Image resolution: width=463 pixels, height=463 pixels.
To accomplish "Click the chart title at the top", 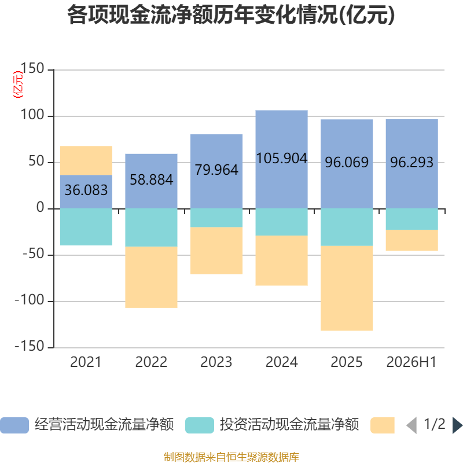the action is click(231, 15).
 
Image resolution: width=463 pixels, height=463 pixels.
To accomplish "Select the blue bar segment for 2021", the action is click(86, 192).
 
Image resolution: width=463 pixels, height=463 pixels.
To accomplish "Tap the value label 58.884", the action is click(151, 179).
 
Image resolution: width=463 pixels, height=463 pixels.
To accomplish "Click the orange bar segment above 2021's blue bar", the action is click(86, 160).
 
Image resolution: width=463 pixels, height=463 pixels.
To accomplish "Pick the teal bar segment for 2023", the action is click(216, 218).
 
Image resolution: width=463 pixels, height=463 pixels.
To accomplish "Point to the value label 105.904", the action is click(281, 158).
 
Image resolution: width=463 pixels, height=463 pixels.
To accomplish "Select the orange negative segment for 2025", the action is click(346, 288).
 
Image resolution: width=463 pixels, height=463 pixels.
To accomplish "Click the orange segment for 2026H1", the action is click(411, 240).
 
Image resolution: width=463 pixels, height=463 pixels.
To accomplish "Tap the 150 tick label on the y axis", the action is click(32, 68).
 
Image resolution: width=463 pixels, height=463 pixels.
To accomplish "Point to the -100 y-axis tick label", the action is click(30, 300).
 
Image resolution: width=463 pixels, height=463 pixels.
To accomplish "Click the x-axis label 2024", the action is click(281, 362).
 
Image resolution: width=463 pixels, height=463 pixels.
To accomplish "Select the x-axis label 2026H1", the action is click(411, 362).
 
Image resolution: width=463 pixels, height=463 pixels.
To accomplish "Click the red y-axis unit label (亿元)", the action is click(18, 84).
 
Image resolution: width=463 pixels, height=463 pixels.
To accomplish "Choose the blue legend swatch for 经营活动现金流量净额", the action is click(14, 425).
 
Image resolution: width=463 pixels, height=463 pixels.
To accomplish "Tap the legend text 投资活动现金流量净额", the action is click(289, 425).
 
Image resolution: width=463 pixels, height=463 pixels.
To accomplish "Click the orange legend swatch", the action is click(383, 425).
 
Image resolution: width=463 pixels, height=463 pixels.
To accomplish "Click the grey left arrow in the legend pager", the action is click(411, 425).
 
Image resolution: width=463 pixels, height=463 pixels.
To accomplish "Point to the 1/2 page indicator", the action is click(435, 424).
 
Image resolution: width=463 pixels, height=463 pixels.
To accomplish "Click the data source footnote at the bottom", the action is click(231, 457).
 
